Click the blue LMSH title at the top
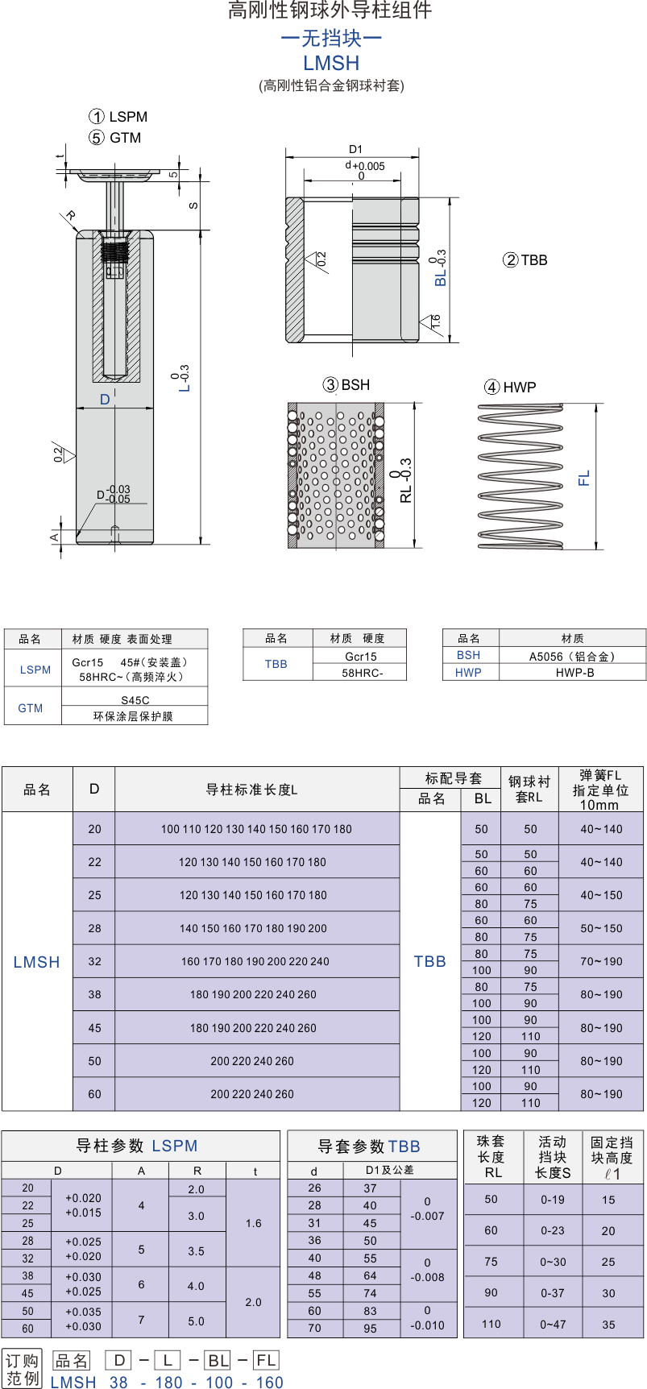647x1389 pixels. tap(331, 63)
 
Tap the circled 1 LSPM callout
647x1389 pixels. tap(118, 117)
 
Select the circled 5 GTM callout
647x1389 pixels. tap(115, 138)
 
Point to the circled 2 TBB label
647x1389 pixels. tap(525, 260)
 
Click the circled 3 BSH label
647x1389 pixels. tap(346, 385)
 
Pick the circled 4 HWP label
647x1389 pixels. tap(510, 388)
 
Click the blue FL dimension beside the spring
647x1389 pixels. tap(584, 478)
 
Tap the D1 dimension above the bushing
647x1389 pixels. tap(355, 149)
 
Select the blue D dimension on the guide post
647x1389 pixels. tap(105, 400)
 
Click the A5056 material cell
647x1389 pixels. tap(572, 656)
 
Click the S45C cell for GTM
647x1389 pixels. tap(135, 699)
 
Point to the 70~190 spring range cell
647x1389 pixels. tap(601, 961)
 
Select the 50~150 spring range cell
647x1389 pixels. tap(601, 928)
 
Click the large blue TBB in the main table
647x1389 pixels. tap(429, 961)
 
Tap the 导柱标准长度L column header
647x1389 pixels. tap(251, 790)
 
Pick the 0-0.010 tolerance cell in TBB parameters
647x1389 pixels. tap(427, 1317)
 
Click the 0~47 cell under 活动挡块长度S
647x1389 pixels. tap(553, 1324)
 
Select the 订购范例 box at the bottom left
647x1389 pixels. tap(23, 1368)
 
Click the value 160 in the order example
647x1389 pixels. tap(269, 1383)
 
